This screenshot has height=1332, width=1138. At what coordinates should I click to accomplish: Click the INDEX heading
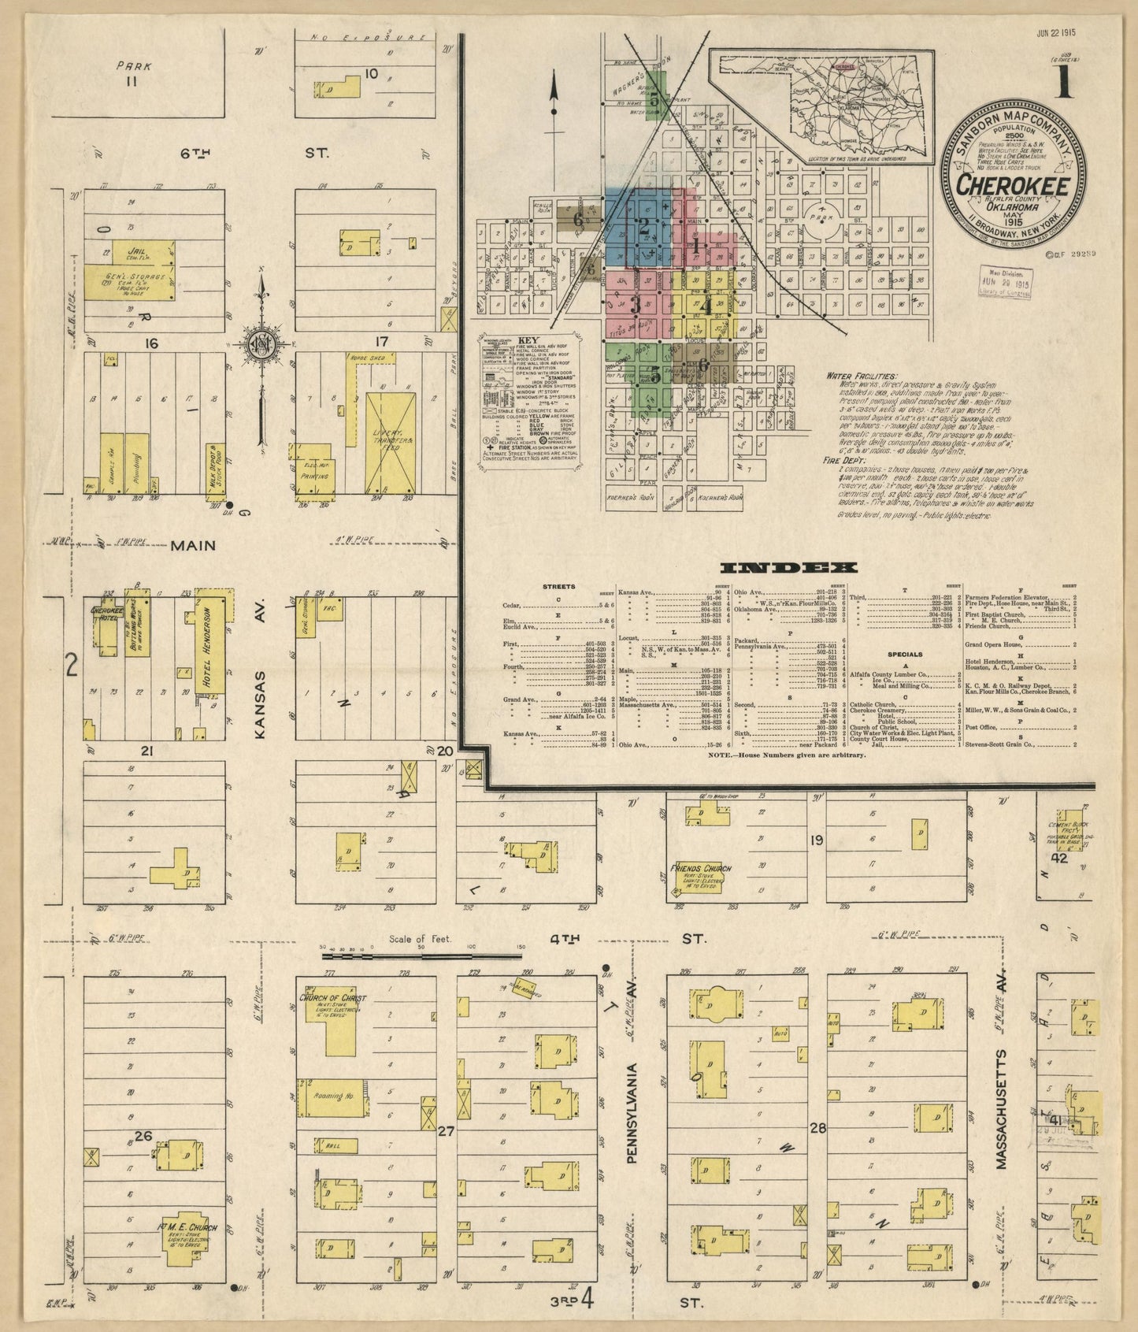(788, 567)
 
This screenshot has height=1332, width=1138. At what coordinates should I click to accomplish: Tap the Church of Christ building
(332, 1021)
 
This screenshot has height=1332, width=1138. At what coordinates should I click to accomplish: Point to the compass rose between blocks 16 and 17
(260, 347)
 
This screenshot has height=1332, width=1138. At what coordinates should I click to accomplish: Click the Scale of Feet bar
(422, 955)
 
